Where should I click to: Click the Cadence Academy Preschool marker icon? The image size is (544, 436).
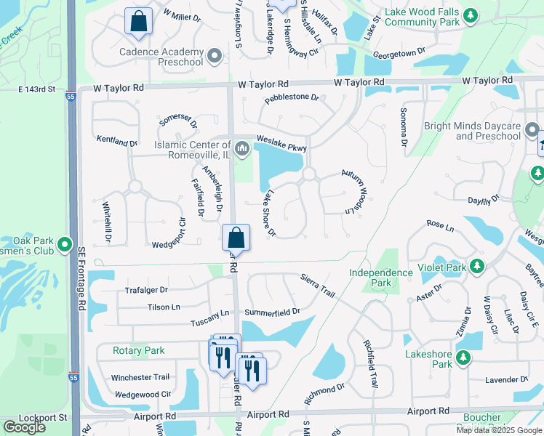pyautogui.click(x=214, y=56)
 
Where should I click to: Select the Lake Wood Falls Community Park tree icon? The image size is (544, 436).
pyautogui.click(x=471, y=15)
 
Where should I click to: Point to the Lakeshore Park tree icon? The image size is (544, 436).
pyautogui.click(x=462, y=358)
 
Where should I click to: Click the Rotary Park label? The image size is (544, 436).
pyautogui.click(x=138, y=350)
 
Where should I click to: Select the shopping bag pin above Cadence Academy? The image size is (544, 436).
pyautogui.click(x=137, y=22)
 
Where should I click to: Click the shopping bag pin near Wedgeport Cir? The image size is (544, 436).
pyautogui.click(x=236, y=237)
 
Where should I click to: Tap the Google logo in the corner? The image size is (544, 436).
pyautogui.click(x=24, y=427)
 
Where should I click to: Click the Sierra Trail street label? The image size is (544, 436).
pyautogui.click(x=318, y=286)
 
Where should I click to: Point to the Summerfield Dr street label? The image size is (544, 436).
pyautogui.click(x=272, y=312)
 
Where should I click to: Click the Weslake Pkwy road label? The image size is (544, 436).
pyautogui.click(x=281, y=143)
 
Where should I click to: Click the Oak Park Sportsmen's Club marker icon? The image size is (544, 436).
pyautogui.click(x=65, y=243)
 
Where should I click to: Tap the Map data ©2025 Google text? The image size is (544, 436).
pyautogui.click(x=498, y=430)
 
